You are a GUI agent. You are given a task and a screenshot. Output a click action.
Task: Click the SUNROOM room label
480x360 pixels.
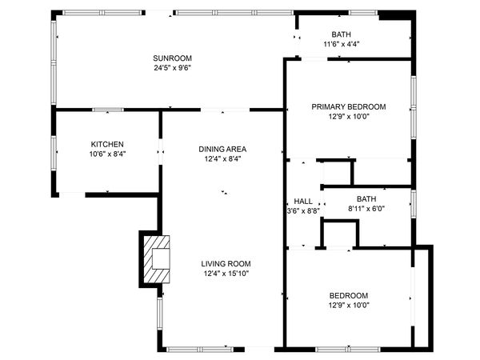point(172,58)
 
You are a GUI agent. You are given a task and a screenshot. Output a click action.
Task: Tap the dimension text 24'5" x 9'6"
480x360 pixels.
point(172,68)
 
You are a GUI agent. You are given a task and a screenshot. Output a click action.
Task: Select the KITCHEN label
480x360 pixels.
point(107,144)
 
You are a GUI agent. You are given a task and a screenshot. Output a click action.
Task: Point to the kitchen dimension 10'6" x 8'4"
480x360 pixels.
point(107,154)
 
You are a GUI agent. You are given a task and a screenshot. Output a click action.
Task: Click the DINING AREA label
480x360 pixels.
point(222,149)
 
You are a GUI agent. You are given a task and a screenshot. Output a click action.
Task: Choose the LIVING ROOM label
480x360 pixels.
point(226,263)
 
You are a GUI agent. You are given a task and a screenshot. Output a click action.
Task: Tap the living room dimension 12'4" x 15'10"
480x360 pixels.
point(226,273)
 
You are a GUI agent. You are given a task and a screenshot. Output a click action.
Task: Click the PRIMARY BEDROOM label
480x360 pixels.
point(349,107)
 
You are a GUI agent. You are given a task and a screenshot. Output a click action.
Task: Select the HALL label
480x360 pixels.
point(303,201)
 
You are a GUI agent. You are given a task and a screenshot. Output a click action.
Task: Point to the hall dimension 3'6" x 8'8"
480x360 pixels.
point(303,210)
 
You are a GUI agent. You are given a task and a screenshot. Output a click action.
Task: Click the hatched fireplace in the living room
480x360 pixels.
point(157,259)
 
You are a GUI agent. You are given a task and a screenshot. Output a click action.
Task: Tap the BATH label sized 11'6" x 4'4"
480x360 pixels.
point(341,34)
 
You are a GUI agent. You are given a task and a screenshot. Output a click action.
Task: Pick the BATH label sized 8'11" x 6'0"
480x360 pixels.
point(366,199)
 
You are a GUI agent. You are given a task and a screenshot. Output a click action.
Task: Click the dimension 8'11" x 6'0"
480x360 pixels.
point(366,209)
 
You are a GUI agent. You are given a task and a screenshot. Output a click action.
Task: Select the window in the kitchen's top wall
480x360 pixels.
point(108,110)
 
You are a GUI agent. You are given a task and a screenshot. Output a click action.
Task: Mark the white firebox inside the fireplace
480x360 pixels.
point(161,258)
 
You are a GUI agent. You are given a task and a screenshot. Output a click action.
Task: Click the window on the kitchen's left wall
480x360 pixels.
point(54,153)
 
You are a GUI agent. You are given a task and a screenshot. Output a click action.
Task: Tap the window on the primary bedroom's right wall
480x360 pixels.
point(414,107)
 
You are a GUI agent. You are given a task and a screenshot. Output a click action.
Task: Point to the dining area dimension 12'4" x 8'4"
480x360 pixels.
point(223,158)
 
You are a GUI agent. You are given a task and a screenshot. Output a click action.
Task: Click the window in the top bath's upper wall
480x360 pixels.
point(363,13)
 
